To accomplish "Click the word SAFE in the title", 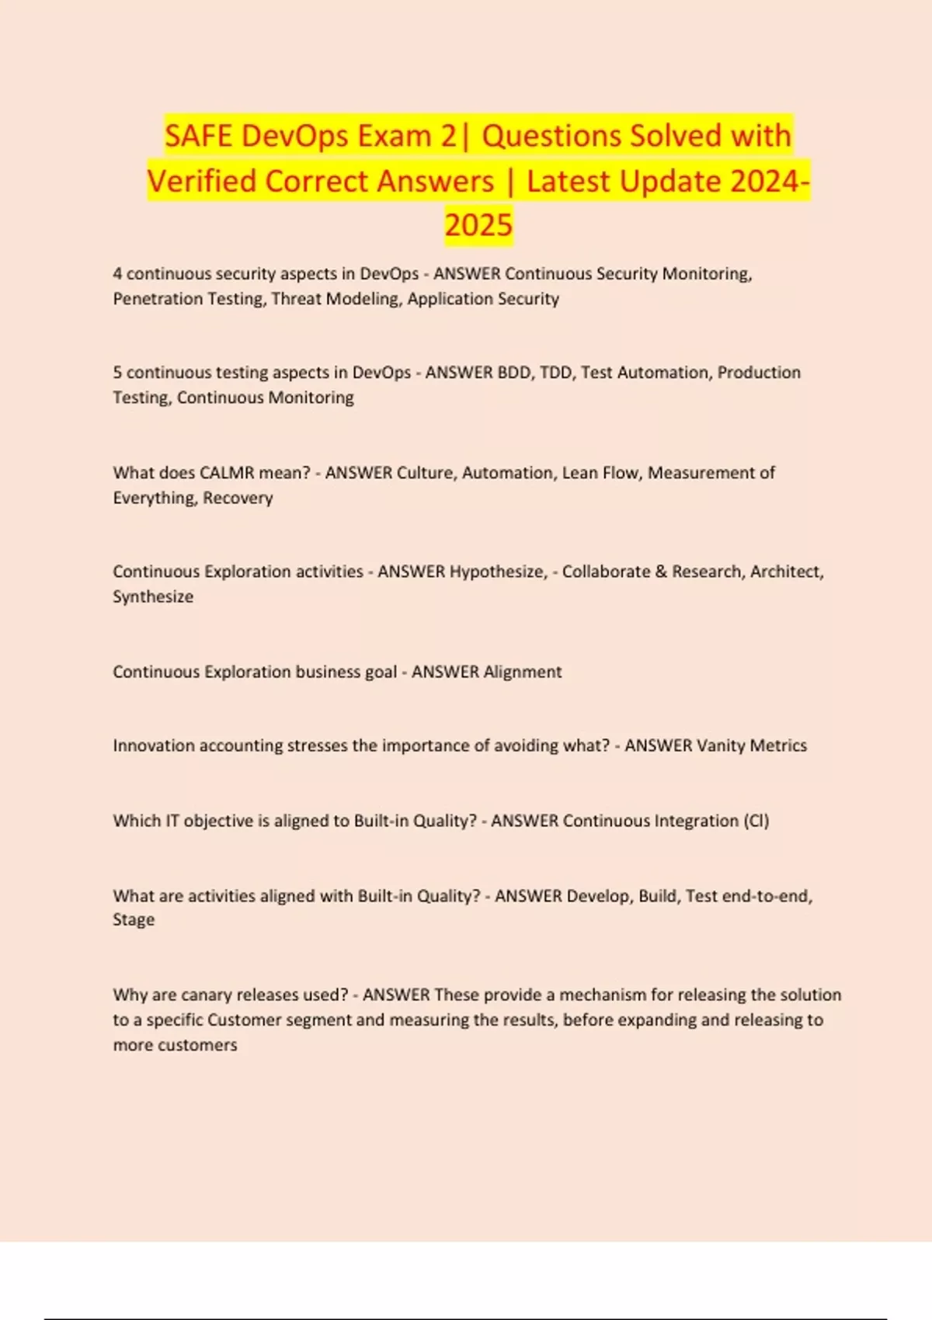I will click(198, 136).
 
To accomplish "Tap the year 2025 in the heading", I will click(478, 225).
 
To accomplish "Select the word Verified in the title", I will click(202, 182).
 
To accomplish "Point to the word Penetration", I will click(150, 299).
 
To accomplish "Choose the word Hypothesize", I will click(499, 571).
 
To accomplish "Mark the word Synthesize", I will click(153, 597).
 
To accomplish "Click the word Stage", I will click(134, 920).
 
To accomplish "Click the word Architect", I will click(787, 571).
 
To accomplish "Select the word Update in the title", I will click(670, 182).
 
